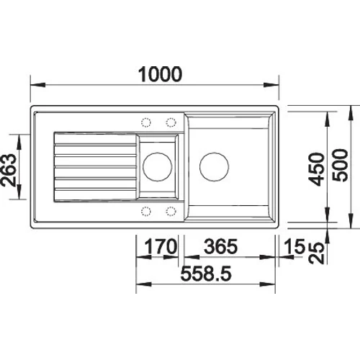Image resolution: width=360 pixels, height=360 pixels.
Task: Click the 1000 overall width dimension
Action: point(160,74)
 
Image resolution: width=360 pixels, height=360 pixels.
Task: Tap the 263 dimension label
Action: point(9,170)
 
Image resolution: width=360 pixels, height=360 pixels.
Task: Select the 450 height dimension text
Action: point(317,169)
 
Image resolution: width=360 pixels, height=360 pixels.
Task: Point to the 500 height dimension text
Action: point(340,165)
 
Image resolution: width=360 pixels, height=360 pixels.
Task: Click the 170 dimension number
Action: point(161,246)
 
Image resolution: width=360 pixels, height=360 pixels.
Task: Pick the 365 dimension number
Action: point(221,246)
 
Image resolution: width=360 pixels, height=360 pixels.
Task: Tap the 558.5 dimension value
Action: point(206,274)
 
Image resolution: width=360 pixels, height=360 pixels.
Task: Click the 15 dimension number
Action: point(294,246)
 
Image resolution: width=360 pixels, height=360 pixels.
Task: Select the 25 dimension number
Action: point(316,253)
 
